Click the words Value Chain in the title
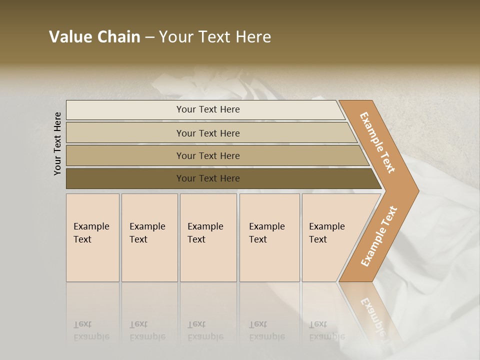click(x=94, y=36)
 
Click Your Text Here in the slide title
click(x=215, y=36)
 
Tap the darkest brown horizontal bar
click(x=125, y=178)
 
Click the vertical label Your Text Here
click(x=57, y=144)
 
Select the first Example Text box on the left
click(x=92, y=237)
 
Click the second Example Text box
click(x=149, y=237)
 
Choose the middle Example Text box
click(x=208, y=237)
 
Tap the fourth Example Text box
click(x=269, y=237)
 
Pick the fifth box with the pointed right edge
click(x=330, y=237)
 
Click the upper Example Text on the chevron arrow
click(x=377, y=142)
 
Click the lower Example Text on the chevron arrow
click(x=378, y=236)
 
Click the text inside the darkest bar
click(x=208, y=178)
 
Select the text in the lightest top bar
click(x=208, y=109)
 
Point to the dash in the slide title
click(x=149, y=37)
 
